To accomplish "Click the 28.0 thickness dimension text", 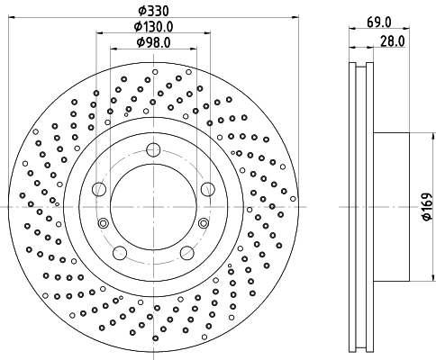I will click(x=390, y=40).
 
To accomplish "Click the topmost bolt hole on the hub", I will click(x=153, y=150).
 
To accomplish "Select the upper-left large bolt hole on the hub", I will click(x=99, y=188).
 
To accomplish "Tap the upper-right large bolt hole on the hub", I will click(x=207, y=188).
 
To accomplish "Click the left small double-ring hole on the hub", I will click(x=103, y=223).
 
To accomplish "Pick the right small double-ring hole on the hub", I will click(x=204, y=223).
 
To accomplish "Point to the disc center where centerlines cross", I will click(x=153, y=207).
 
